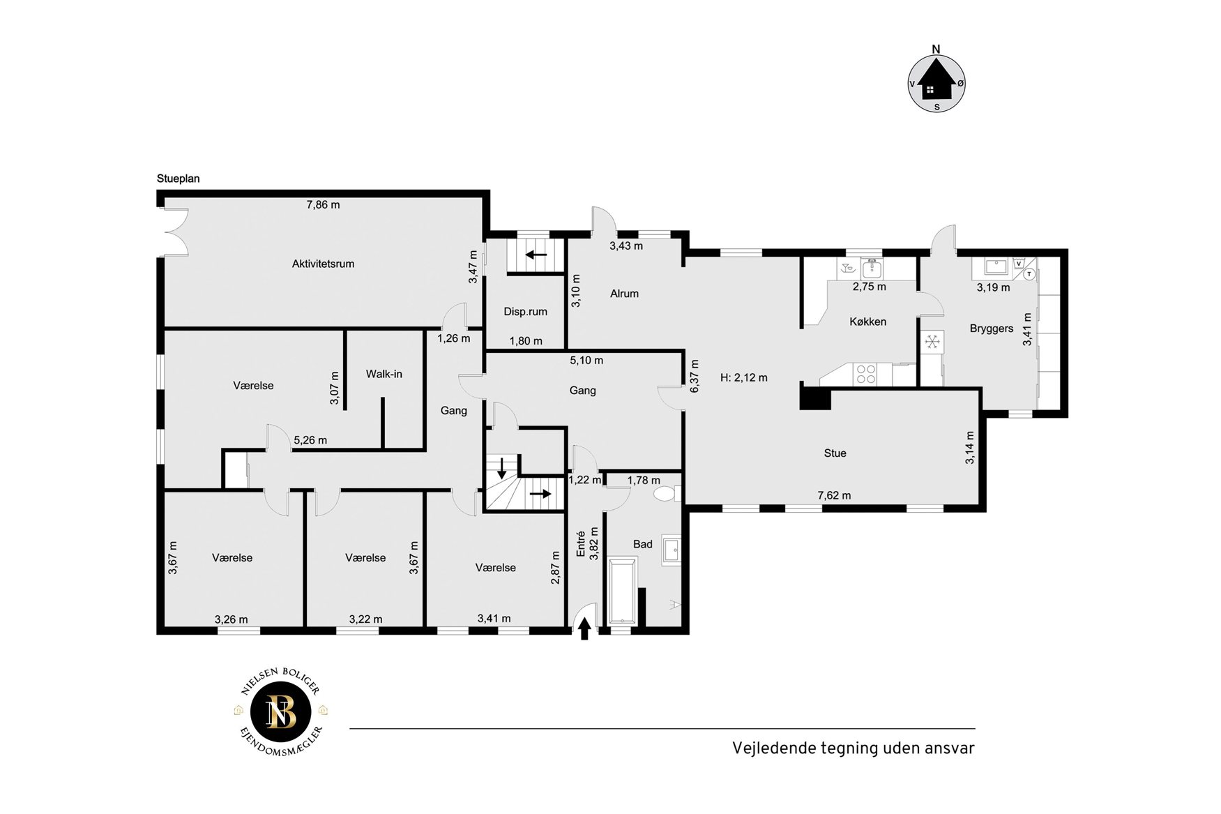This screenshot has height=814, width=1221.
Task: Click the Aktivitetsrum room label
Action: click(x=323, y=264)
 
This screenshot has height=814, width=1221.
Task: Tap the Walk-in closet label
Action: click(x=384, y=374)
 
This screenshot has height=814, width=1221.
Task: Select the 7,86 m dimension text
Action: click(x=324, y=204)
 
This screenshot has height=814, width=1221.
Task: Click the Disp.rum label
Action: click(x=525, y=312)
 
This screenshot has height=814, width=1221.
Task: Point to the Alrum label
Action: click(x=624, y=294)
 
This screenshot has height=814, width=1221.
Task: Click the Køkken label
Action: click(x=867, y=322)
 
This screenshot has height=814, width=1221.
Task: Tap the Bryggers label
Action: click(x=991, y=329)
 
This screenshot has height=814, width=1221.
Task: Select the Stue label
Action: click(x=835, y=453)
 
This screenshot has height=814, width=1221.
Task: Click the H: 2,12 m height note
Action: click(x=743, y=378)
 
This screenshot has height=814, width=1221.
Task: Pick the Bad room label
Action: click(x=642, y=544)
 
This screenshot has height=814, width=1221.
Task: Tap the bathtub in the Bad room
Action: click(x=622, y=591)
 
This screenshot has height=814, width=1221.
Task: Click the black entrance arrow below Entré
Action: click(x=584, y=628)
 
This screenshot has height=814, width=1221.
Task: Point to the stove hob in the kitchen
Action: click(x=866, y=374)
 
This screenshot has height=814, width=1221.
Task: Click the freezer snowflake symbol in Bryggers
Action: click(x=932, y=342)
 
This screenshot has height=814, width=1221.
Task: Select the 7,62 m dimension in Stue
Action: click(x=834, y=496)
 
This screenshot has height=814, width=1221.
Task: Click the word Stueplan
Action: click(x=178, y=179)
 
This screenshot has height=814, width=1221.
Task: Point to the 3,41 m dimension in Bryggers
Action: click(x=1027, y=329)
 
